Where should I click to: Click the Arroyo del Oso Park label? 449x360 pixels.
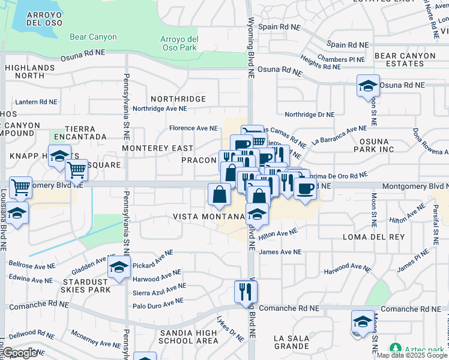click(x=179, y=43)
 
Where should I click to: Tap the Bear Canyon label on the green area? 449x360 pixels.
click(x=93, y=37)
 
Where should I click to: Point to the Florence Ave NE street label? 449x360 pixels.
click(x=193, y=128)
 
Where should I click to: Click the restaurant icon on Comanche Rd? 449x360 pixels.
click(x=246, y=292)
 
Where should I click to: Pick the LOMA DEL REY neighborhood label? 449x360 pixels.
click(x=367, y=238)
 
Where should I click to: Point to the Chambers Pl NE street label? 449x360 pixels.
click(x=341, y=59)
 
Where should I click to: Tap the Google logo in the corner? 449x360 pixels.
click(x=20, y=353)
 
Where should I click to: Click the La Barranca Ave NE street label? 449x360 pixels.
click(x=339, y=135)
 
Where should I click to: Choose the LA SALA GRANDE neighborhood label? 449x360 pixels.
click(x=292, y=343)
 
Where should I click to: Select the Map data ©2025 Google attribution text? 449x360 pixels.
click(x=412, y=355)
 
